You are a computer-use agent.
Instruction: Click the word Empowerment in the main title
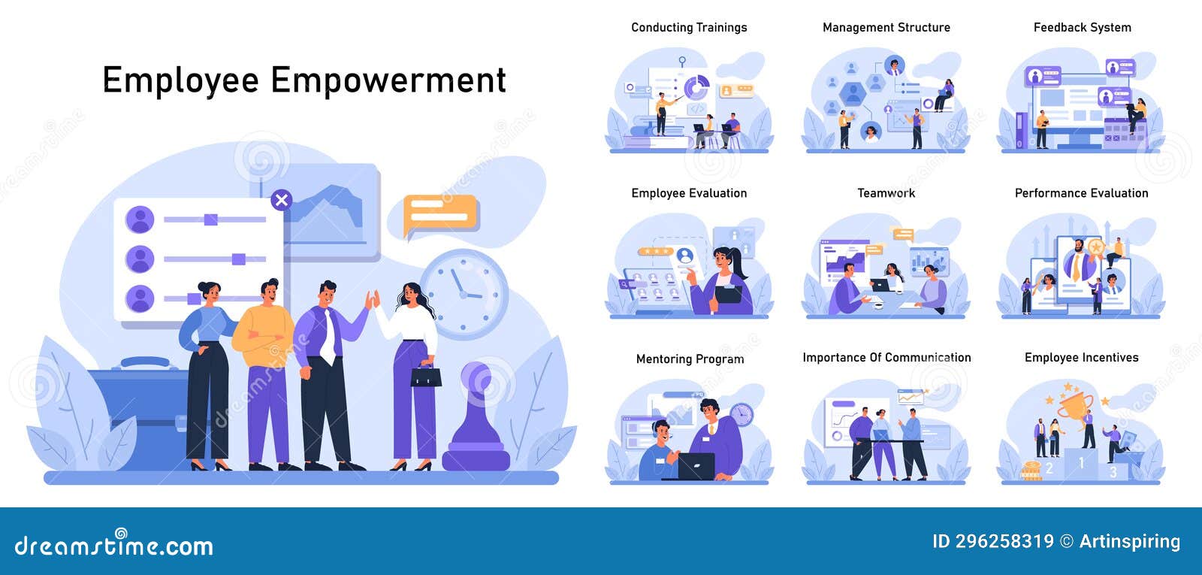[x=388, y=81]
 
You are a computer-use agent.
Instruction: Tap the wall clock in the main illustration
[x=463, y=293]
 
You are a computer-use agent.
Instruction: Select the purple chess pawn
[x=476, y=421]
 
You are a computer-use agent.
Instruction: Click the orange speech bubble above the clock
[x=440, y=213]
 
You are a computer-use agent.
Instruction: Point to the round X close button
[x=281, y=200]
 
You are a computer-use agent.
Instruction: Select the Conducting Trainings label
[x=689, y=28]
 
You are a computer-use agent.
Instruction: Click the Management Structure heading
[x=886, y=28]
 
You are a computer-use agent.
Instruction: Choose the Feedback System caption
[x=1082, y=28]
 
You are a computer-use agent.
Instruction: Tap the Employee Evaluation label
[x=689, y=193]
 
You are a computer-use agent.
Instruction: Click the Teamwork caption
[x=886, y=193]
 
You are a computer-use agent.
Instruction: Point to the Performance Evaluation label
[x=1081, y=193]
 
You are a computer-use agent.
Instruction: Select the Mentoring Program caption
[x=690, y=359]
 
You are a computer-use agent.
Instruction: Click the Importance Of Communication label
[x=886, y=358]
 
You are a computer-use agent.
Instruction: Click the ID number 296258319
[x=1004, y=541]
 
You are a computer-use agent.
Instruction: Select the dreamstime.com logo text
[x=113, y=546]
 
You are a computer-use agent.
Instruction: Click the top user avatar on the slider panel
[x=140, y=219]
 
